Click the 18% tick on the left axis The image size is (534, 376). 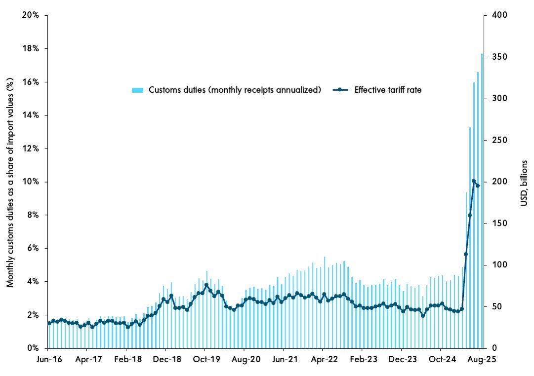click(33, 49)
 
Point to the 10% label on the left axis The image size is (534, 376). click(33, 182)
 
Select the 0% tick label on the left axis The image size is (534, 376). click(35, 348)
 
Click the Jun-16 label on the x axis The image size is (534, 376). click(49, 359)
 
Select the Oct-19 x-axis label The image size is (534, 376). click(206, 359)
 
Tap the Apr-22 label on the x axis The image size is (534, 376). click(324, 359)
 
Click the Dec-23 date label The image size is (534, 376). click(402, 359)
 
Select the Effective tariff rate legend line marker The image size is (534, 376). click(340, 90)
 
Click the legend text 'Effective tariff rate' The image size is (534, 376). click(388, 90)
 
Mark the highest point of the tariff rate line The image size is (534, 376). click(474, 181)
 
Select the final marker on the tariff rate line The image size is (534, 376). click(478, 186)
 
